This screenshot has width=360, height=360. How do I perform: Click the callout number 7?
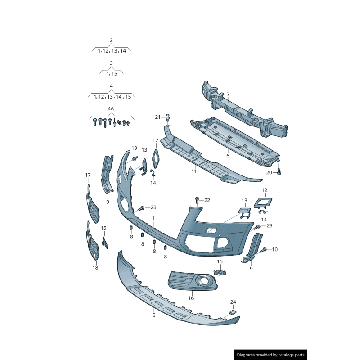coord(228,94)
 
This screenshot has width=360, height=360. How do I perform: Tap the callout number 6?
coord(228,156)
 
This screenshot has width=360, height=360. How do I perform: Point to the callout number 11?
coord(194,171)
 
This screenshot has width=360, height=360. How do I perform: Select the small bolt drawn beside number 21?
coord(168,118)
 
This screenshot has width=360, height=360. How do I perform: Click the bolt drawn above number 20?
coord(279,172)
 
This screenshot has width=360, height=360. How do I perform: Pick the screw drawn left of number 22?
coord(197,199)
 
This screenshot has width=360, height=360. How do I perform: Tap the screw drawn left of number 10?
coord(264,249)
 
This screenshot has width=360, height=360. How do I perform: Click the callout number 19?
coord(134,148)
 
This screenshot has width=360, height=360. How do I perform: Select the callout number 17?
coord(88,175)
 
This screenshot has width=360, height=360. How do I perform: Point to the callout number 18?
coord(95,268)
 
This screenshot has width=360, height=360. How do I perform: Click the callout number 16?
coord(191,298)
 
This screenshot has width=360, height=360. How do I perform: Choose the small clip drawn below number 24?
coord(233,312)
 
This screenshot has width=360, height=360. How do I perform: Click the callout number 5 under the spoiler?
coord(153,315)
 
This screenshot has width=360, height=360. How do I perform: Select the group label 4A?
coord(111,109)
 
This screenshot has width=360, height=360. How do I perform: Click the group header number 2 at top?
coord(111,40)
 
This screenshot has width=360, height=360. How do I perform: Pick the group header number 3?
coord(111,63)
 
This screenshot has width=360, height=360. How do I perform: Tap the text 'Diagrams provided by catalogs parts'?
coord(271,355)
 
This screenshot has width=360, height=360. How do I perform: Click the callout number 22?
coord(207,200)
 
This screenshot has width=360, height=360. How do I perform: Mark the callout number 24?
coord(233,302)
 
